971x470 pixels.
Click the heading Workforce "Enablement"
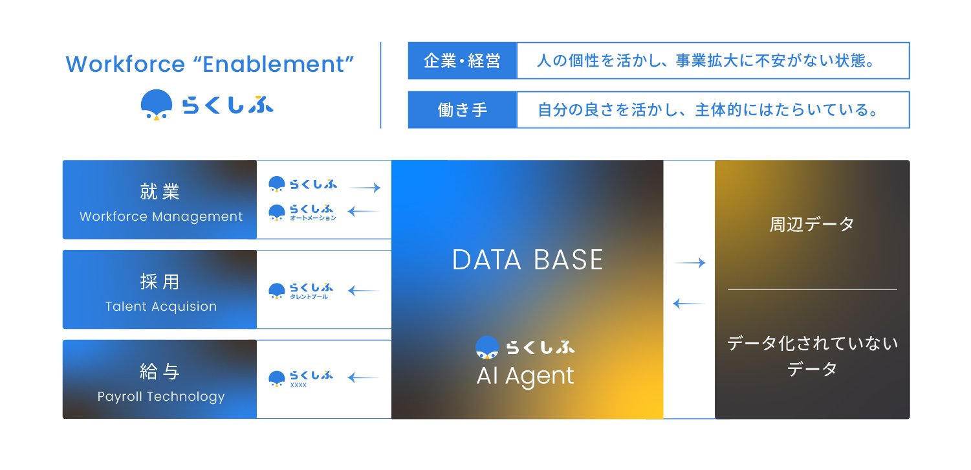click(210, 64)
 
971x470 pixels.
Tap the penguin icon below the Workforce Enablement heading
click(157, 105)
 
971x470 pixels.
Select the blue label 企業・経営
click(462, 61)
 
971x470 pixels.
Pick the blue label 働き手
click(462, 110)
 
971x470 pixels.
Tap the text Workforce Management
click(161, 217)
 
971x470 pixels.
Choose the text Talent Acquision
click(161, 307)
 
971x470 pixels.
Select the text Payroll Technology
click(161, 397)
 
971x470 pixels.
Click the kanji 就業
click(160, 192)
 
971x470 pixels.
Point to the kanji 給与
click(160, 372)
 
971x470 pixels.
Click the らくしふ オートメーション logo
click(303, 212)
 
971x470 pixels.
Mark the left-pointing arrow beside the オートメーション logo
click(364, 211)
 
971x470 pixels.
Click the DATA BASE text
click(527, 260)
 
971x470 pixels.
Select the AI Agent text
click(525, 375)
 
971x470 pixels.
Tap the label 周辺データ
click(812, 224)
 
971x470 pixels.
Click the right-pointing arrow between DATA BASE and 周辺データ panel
click(690, 263)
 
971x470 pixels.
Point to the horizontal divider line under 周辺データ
click(812, 289)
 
